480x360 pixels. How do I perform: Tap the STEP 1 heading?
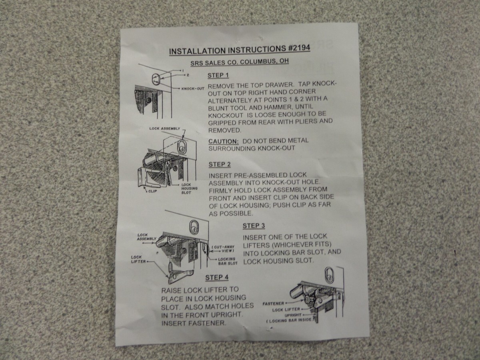point(218,75)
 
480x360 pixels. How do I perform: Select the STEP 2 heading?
point(220,164)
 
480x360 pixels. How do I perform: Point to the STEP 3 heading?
point(254,226)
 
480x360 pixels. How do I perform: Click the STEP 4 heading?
point(217,278)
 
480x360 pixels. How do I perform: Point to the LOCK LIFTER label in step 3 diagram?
point(137,259)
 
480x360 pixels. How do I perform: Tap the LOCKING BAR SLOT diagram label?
point(228,261)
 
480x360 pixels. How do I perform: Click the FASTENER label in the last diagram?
point(273,304)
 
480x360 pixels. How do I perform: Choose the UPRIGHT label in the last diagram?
point(293,315)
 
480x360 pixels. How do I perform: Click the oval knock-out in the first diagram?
point(156,78)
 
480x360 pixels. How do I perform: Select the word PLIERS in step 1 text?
point(305,120)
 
